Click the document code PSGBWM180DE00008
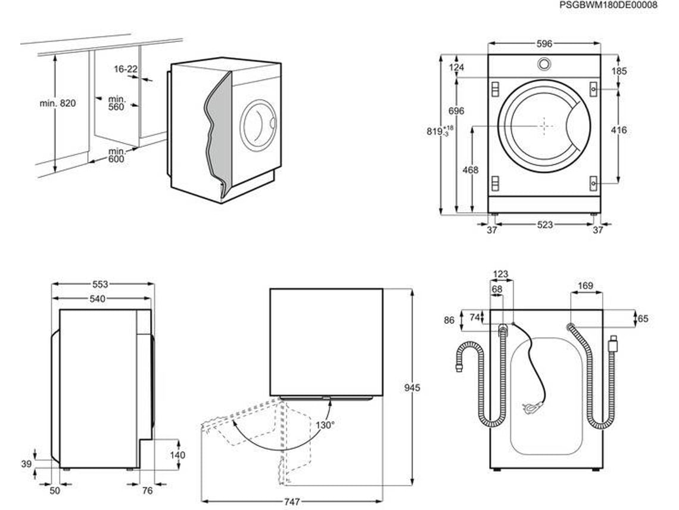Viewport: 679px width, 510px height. pyautogui.click(x=608, y=5)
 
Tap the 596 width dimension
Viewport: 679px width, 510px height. pyautogui.click(x=544, y=44)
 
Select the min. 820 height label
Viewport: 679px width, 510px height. pyautogui.click(x=58, y=103)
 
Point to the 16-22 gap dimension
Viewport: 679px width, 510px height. pyautogui.click(x=126, y=69)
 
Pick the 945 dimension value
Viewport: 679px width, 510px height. pyautogui.click(x=412, y=387)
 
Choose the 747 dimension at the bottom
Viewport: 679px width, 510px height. pyautogui.click(x=292, y=501)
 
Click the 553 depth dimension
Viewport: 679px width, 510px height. pyautogui.click(x=100, y=285)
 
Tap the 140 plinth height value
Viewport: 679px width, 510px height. pyautogui.click(x=177, y=455)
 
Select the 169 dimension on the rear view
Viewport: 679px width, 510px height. pyautogui.click(x=585, y=286)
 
